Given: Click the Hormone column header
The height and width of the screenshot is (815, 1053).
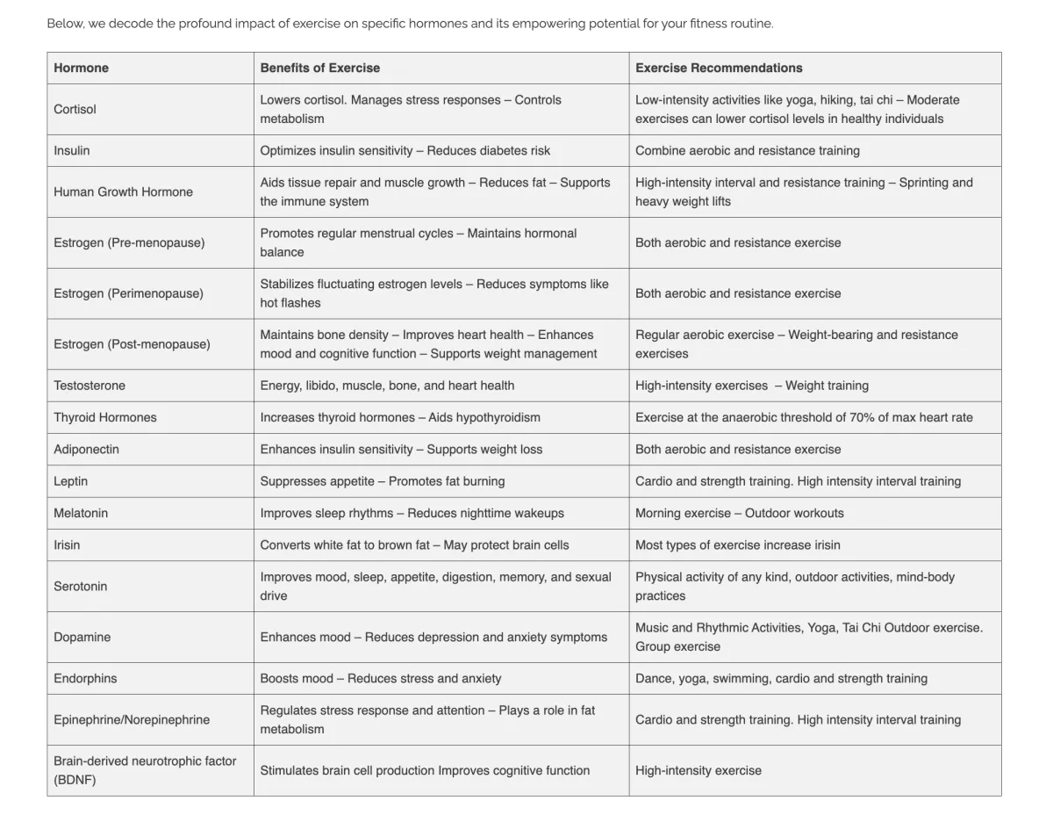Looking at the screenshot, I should click(x=82, y=68).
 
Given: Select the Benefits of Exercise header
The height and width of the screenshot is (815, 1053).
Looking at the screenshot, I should click(x=320, y=68).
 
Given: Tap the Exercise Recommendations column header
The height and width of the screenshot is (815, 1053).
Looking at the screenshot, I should click(x=719, y=68).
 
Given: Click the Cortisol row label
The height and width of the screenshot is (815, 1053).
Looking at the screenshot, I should click(x=75, y=109).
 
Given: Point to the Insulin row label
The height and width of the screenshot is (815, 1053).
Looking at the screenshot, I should click(x=72, y=150).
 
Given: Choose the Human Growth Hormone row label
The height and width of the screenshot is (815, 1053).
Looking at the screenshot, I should click(x=123, y=191).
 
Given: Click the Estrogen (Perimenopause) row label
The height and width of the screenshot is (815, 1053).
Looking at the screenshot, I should click(x=128, y=293).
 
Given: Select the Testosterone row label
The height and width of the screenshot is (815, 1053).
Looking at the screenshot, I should click(x=90, y=386).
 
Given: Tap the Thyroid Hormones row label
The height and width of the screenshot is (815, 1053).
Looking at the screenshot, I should click(x=105, y=417).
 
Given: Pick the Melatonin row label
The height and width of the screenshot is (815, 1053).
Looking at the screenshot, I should click(x=81, y=513).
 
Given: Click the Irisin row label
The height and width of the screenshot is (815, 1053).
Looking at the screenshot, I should click(x=67, y=545).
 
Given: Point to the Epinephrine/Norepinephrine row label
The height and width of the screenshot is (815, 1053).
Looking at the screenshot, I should click(x=132, y=719).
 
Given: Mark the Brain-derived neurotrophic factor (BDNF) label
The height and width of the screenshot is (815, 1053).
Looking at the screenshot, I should click(x=145, y=770).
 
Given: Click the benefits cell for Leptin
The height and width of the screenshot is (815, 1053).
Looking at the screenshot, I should click(x=383, y=481).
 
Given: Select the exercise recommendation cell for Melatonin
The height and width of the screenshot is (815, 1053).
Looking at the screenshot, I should click(x=740, y=513).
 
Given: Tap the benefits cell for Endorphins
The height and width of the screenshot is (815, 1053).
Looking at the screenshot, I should click(x=381, y=678).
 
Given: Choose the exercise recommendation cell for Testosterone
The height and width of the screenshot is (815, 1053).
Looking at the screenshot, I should click(x=752, y=386).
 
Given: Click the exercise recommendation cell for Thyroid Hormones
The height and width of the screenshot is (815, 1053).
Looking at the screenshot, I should click(x=804, y=417).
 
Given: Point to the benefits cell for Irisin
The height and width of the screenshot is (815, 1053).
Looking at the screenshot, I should click(x=414, y=545).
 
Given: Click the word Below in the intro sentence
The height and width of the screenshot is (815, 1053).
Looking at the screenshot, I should click(x=65, y=24).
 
